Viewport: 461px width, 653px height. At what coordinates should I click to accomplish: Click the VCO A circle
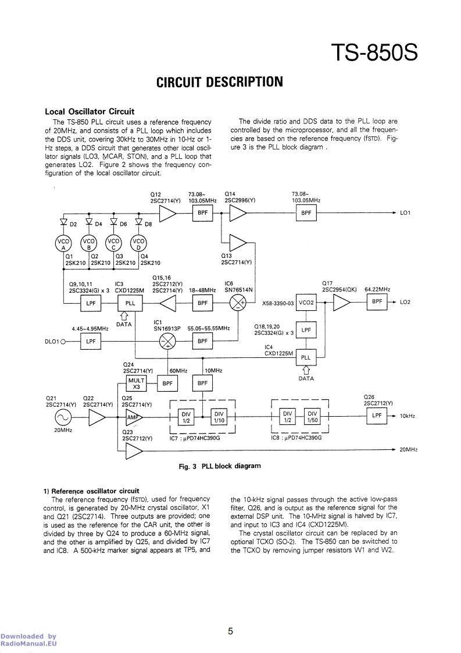pos(63,243)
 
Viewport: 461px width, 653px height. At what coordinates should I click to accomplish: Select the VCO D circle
pos(138,243)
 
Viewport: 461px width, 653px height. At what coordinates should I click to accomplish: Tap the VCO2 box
pos(306,303)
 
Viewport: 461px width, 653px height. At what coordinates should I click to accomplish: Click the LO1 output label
pos(406,213)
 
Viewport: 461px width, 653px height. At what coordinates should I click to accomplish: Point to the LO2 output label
pos(406,303)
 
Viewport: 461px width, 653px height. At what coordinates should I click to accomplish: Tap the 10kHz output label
pos(408,417)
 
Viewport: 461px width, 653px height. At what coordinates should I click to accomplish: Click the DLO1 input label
pos(52,341)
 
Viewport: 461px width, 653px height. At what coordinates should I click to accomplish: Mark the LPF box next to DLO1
pos(90,341)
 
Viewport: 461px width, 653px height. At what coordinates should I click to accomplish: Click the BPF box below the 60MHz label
pos(167,383)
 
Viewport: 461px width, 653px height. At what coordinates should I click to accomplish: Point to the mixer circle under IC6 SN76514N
pos(238,303)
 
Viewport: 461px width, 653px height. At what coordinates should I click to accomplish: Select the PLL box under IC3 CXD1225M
pos(130,303)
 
